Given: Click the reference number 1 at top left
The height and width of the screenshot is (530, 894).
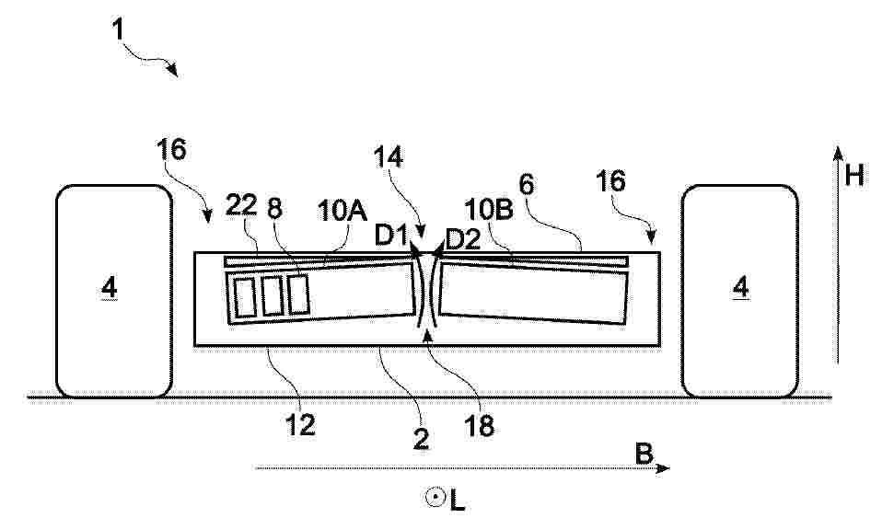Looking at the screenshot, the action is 118,29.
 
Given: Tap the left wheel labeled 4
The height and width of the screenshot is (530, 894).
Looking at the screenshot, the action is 114,291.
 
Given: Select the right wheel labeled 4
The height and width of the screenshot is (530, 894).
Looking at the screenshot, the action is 739,291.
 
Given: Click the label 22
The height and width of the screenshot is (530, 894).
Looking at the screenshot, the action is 241,205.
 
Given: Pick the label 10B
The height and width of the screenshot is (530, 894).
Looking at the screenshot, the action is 489,210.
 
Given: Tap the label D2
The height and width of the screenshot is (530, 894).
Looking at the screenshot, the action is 462,240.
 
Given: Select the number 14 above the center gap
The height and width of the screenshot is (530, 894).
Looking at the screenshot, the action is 388,156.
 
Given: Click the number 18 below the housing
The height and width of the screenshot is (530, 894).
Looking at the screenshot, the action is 479,425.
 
